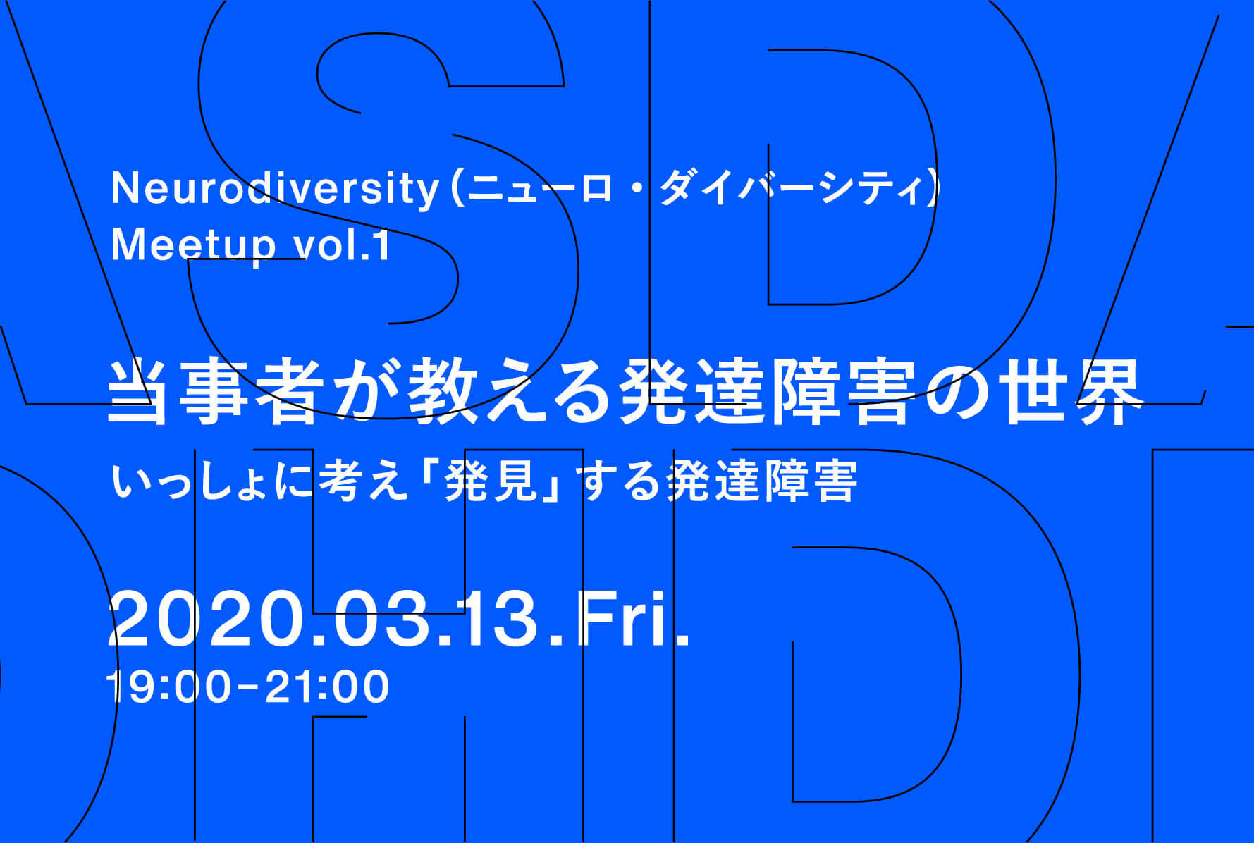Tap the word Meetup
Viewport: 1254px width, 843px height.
click(x=193, y=246)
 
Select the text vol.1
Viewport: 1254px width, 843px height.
click(x=341, y=246)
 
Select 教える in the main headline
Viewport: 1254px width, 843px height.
click(x=508, y=392)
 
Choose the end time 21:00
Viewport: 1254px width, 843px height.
click(x=327, y=687)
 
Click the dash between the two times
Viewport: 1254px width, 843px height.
click(x=247, y=688)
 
